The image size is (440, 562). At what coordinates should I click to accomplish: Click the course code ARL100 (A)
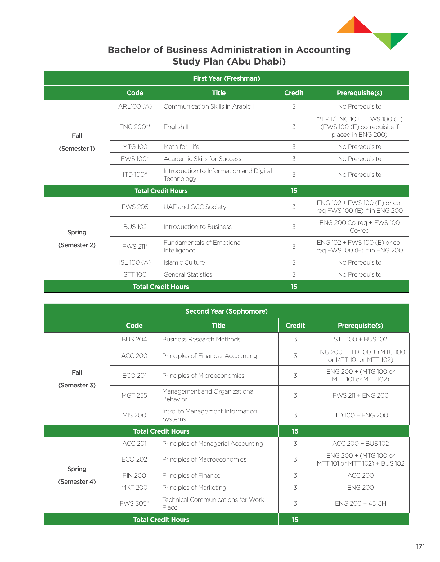pos(135,106)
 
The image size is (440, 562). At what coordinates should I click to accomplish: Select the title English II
pos(176,127)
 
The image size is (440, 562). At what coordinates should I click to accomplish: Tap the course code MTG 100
pos(135,147)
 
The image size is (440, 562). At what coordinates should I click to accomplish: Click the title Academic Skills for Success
pos(202,159)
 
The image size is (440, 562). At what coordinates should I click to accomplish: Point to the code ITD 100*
pos(135,175)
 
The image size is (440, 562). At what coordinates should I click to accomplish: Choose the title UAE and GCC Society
pos(195,207)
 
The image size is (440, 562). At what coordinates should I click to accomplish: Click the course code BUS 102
pos(135,227)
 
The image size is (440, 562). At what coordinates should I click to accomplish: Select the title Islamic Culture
pos(184,262)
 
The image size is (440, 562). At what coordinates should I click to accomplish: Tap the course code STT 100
pos(135,274)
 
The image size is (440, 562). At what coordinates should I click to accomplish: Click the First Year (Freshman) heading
pos(227,78)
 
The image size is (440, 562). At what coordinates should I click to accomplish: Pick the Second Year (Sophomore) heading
pos(227,311)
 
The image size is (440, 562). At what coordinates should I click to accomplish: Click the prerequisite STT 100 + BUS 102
pos(361,339)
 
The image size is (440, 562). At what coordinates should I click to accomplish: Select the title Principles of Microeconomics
pos(203,376)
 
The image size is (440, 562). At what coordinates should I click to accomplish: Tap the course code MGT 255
pos(134,395)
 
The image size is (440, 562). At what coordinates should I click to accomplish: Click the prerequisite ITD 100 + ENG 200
pos(361,415)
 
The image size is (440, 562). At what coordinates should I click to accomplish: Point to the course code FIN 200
pos(134,475)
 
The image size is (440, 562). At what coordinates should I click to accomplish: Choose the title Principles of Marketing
pos(194,488)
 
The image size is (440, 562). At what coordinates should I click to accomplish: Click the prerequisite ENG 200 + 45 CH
pos(361,503)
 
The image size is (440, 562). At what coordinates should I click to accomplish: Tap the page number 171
pos(420,546)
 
